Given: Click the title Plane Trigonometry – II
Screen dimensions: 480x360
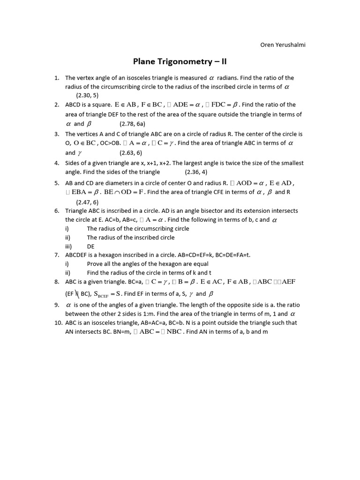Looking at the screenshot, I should [x=180, y=62].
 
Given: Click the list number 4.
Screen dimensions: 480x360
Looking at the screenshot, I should [x=56, y=163].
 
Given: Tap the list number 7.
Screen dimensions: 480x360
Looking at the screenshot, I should [x=56, y=255].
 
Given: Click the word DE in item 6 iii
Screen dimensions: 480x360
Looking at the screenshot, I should [x=91, y=246].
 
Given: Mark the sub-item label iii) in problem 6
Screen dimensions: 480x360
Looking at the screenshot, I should [x=68, y=246].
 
